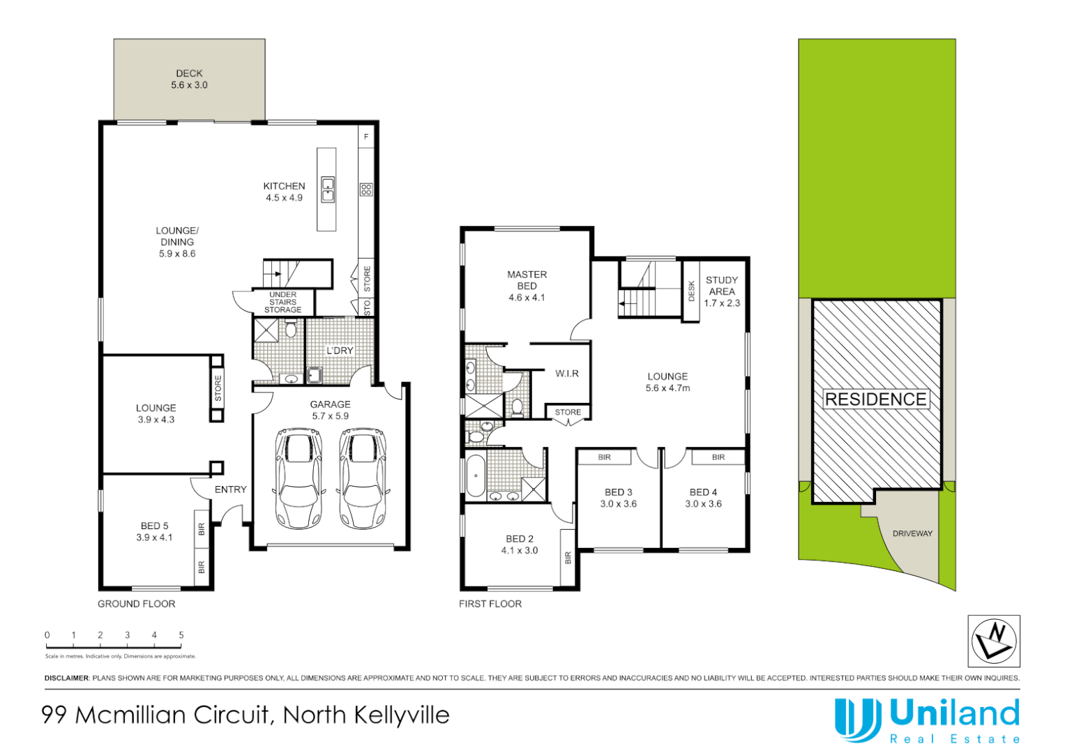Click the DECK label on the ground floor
189,73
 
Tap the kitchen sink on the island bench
328,190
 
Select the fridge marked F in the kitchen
366,137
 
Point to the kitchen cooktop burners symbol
366,189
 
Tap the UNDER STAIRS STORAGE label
282,303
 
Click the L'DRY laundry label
340,351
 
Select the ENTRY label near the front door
230,489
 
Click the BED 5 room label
154,526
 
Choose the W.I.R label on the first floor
567,374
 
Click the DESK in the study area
691,291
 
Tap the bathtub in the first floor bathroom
476,476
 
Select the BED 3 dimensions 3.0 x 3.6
619,504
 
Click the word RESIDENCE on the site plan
876,400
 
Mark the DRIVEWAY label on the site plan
912,533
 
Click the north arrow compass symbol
994,641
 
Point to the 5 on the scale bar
181,635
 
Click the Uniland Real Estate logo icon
857,720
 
